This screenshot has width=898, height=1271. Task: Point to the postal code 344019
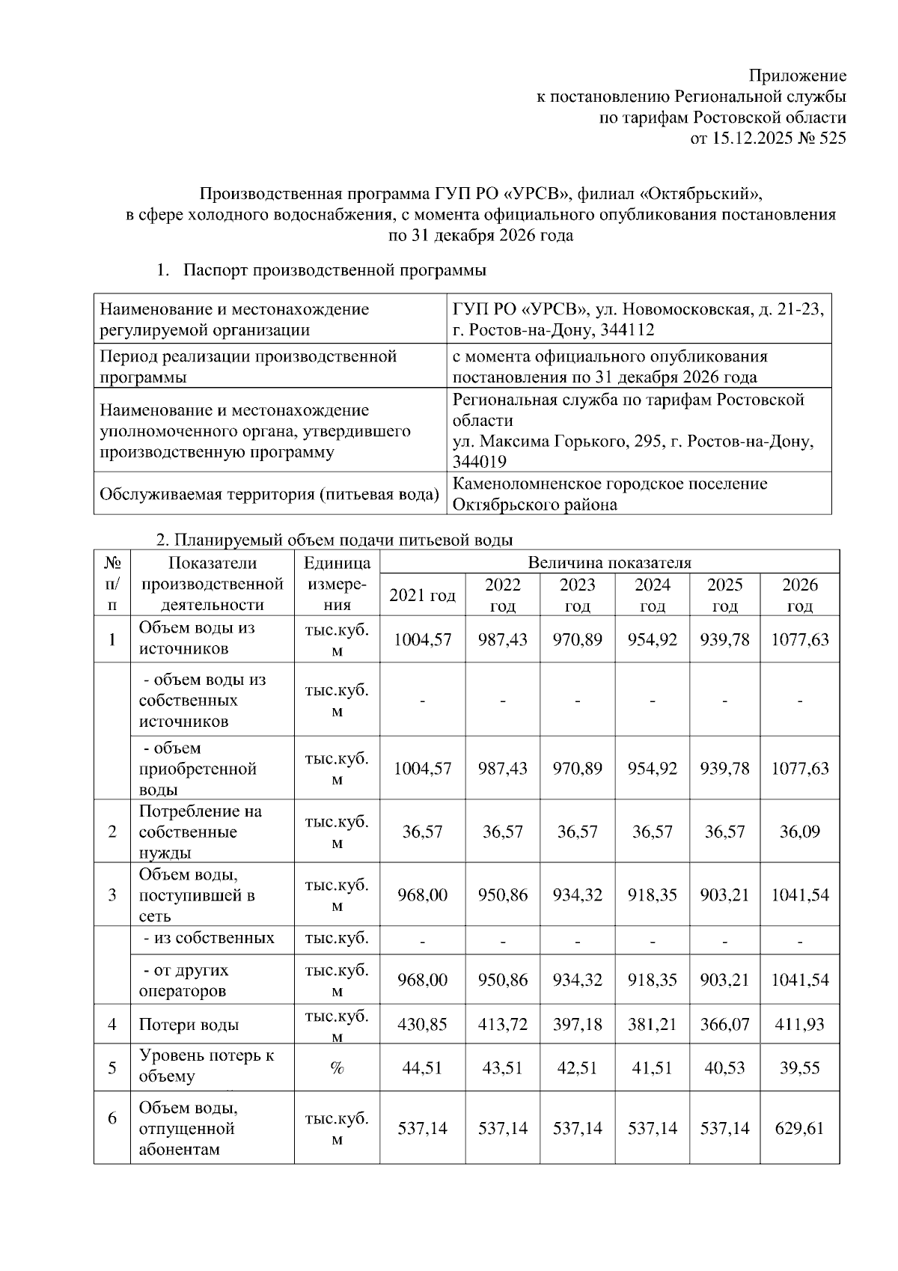(480, 462)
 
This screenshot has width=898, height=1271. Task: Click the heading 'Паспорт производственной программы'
(335, 269)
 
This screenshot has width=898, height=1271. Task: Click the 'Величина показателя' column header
(609, 562)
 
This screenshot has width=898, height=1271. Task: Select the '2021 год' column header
(422, 595)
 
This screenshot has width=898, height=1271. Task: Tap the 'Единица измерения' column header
(337, 584)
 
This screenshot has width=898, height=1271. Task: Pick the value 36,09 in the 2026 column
(800, 832)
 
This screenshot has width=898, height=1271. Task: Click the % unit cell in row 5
(337, 1067)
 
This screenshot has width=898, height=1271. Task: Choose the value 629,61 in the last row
(800, 1128)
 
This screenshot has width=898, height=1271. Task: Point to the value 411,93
(800, 1025)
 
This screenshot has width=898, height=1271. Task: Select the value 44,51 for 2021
(422, 1067)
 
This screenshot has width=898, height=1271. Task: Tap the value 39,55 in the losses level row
(800, 1067)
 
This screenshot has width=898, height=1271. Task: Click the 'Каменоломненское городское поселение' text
(610, 484)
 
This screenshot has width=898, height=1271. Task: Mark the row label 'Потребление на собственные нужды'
(201, 832)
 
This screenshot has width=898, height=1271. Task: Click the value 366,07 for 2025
(724, 1025)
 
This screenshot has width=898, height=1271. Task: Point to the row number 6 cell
(112, 1118)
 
